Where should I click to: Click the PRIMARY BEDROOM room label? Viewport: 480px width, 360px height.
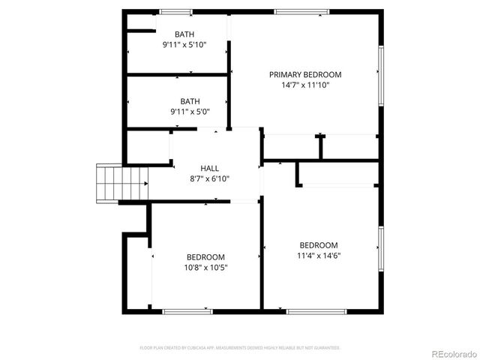305,74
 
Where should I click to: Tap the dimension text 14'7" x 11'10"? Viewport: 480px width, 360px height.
305,85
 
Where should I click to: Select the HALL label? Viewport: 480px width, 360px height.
209,168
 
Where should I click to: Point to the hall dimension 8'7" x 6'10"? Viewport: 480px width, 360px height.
209,178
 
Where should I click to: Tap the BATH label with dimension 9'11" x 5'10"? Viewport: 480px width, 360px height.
184,34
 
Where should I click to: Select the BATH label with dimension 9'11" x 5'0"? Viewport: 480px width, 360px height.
190,101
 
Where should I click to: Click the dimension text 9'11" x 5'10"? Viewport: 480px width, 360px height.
184,45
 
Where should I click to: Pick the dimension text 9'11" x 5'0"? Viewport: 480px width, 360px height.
190,112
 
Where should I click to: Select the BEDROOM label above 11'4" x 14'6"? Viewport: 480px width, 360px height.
319,245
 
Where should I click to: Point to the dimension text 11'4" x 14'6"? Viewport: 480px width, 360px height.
319,256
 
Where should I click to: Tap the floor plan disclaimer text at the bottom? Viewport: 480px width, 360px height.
240,348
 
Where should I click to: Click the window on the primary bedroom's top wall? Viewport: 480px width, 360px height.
301,12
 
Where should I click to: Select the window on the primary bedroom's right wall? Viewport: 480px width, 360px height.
380,76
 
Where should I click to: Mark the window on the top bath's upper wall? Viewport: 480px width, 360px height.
175,12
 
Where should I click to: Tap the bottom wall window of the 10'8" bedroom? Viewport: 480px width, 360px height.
187,311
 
